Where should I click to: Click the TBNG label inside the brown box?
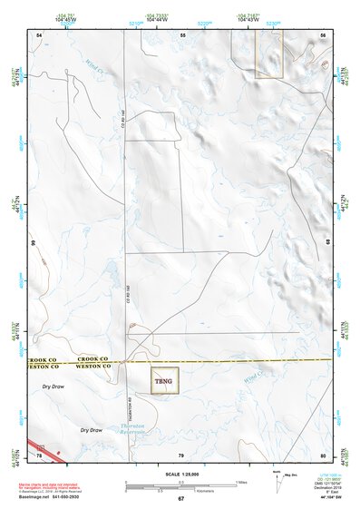pyautogui.click(x=164, y=380)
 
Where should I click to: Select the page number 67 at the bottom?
pyautogui.click(x=180, y=499)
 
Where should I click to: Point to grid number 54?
pyautogui.click(x=39, y=34)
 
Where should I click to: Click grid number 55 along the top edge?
pyautogui.click(x=182, y=34)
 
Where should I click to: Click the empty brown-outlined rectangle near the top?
pyautogui.click(x=268, y=54)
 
